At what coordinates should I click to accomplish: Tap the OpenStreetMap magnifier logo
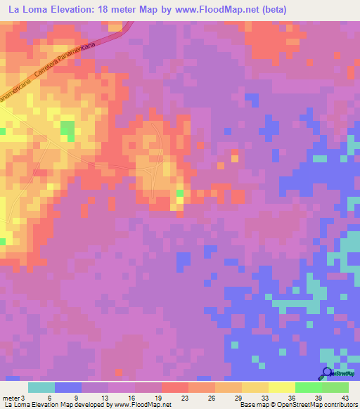click(327, 373)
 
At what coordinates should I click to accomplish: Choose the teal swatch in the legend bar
click(41, 387)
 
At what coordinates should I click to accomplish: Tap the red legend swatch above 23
click(174, 387)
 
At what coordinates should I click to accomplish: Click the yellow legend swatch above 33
click(255, 387)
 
